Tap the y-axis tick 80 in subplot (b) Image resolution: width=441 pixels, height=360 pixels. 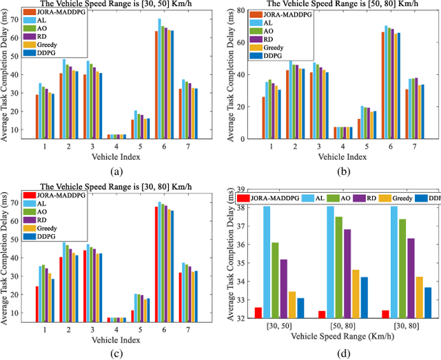[x=242, y=11]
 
